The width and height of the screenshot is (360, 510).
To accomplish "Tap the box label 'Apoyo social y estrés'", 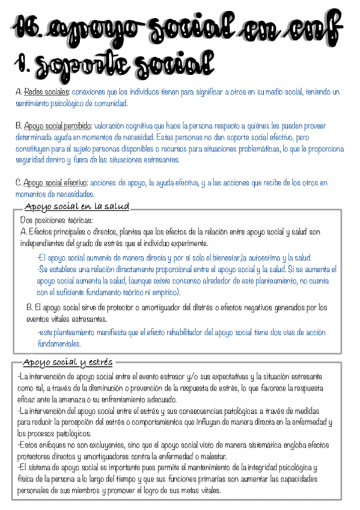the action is (x=67, y=363).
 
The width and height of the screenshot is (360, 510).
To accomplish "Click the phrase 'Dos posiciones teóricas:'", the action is (x=53, y=221).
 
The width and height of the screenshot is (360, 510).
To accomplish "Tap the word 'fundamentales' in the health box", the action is (x=59, y=344).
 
